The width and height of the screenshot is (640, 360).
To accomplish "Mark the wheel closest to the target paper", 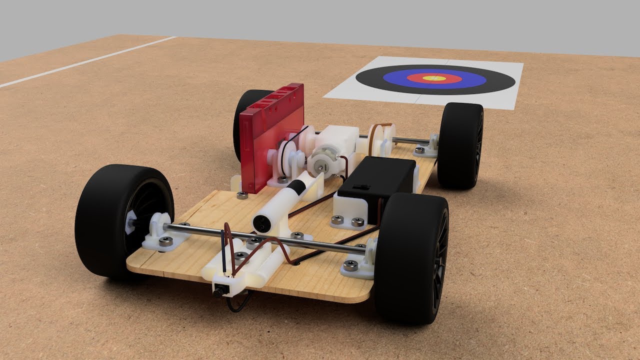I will point(461,145).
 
